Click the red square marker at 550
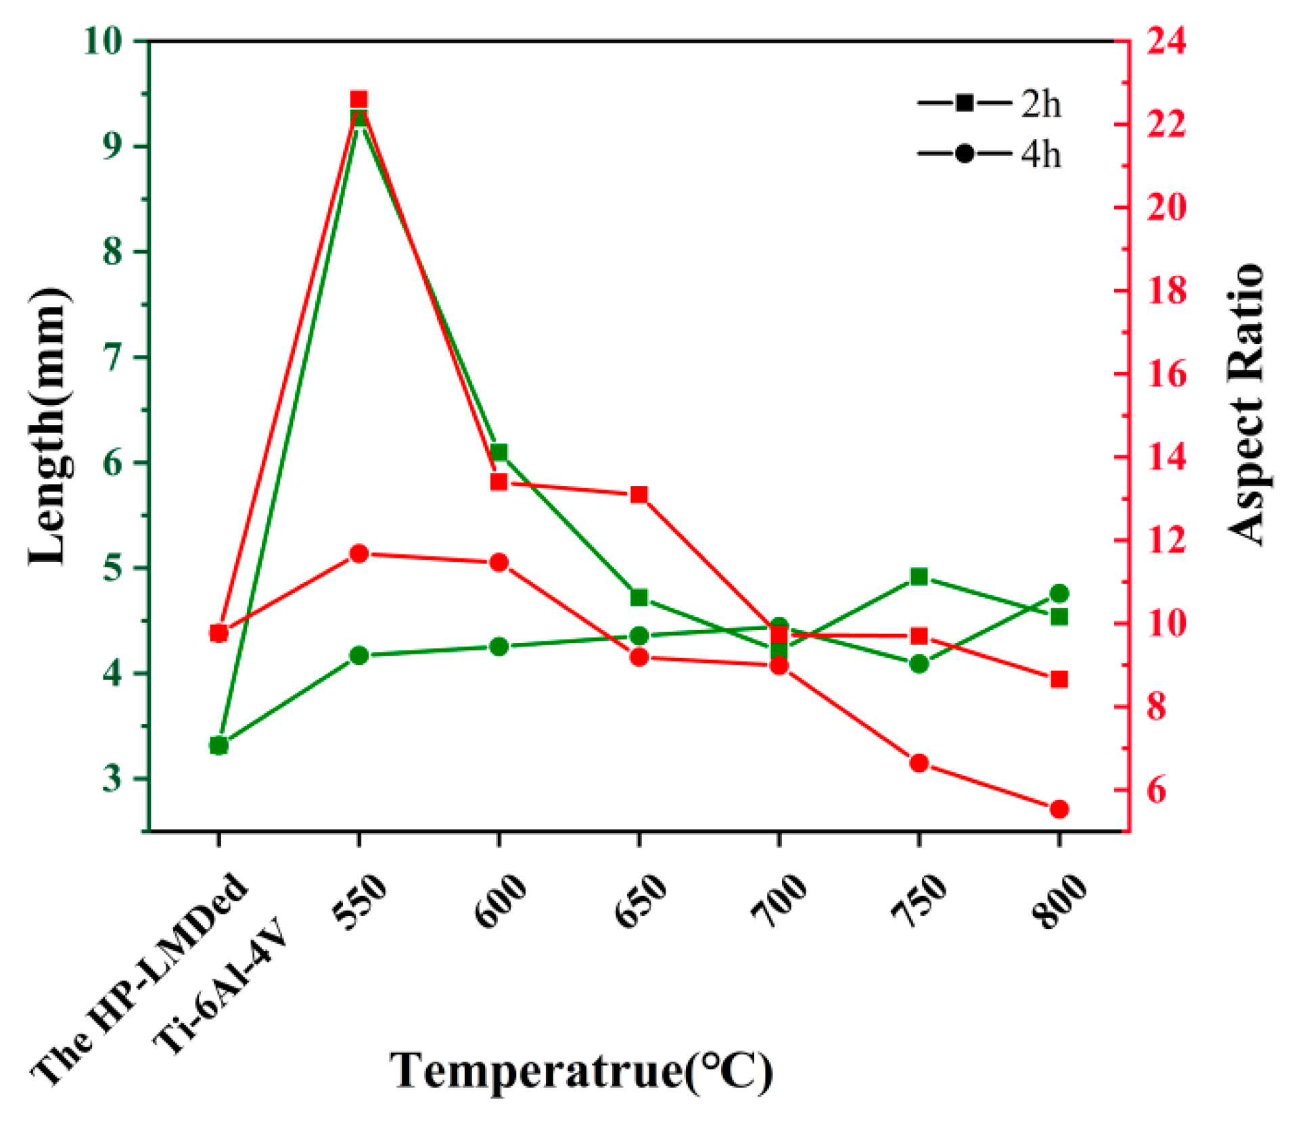(x=359, y=100)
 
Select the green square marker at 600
(x=499, y=452)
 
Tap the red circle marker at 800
(x=1059, y=809)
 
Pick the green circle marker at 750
(x=919, y=664)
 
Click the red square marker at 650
(x=639, y=495)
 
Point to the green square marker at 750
(x=919, y=577)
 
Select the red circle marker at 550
(x=359, y=554)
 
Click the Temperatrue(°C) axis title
(x=580, y=1071)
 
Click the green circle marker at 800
(x=1059, y=594)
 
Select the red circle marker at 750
(x=919, y=763)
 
